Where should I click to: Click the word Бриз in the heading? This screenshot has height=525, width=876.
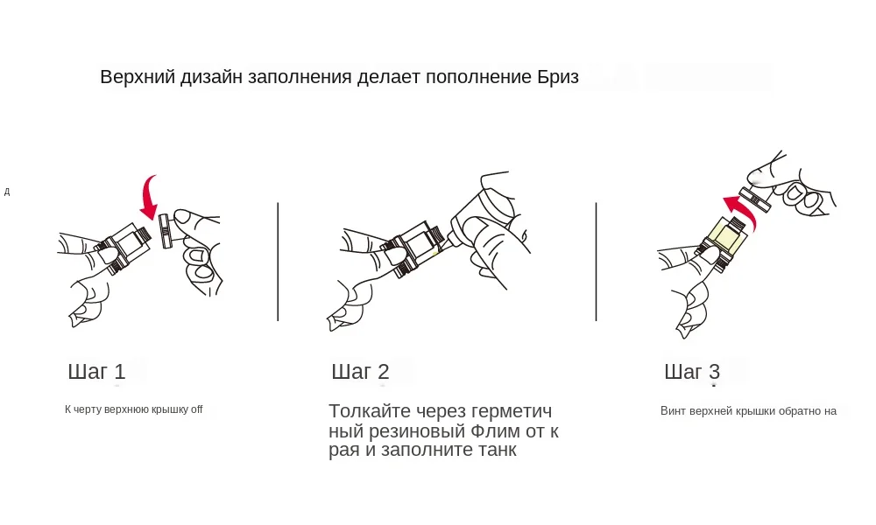point(556,76)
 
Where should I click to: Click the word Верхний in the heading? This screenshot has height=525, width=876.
point(137,77)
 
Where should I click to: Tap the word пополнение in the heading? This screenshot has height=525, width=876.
point(477,77)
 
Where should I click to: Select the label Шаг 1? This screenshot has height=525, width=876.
point(96,371)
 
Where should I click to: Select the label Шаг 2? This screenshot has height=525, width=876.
point(360,371)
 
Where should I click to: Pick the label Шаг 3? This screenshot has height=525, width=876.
point(692,371)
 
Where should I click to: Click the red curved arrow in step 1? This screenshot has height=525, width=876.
point(150,198)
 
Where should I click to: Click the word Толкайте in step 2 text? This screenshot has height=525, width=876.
point(368,411)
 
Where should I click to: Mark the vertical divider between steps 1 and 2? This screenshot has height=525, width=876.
point(278,262)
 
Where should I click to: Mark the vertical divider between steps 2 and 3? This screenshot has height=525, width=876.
point(596,262)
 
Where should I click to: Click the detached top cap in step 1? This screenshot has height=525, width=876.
point(165,234)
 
